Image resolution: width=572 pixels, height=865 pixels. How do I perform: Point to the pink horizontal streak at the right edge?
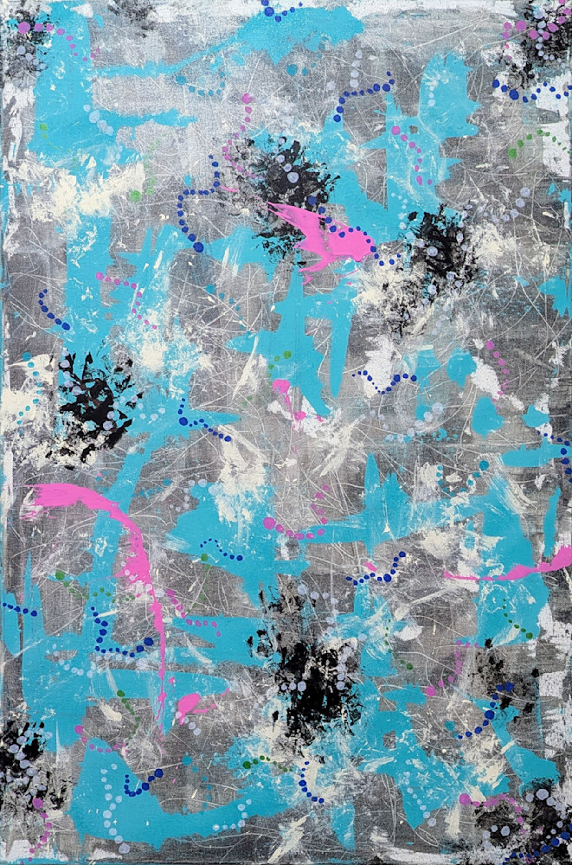coord(519,569)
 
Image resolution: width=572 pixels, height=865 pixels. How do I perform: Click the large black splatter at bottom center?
coord(307,683)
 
